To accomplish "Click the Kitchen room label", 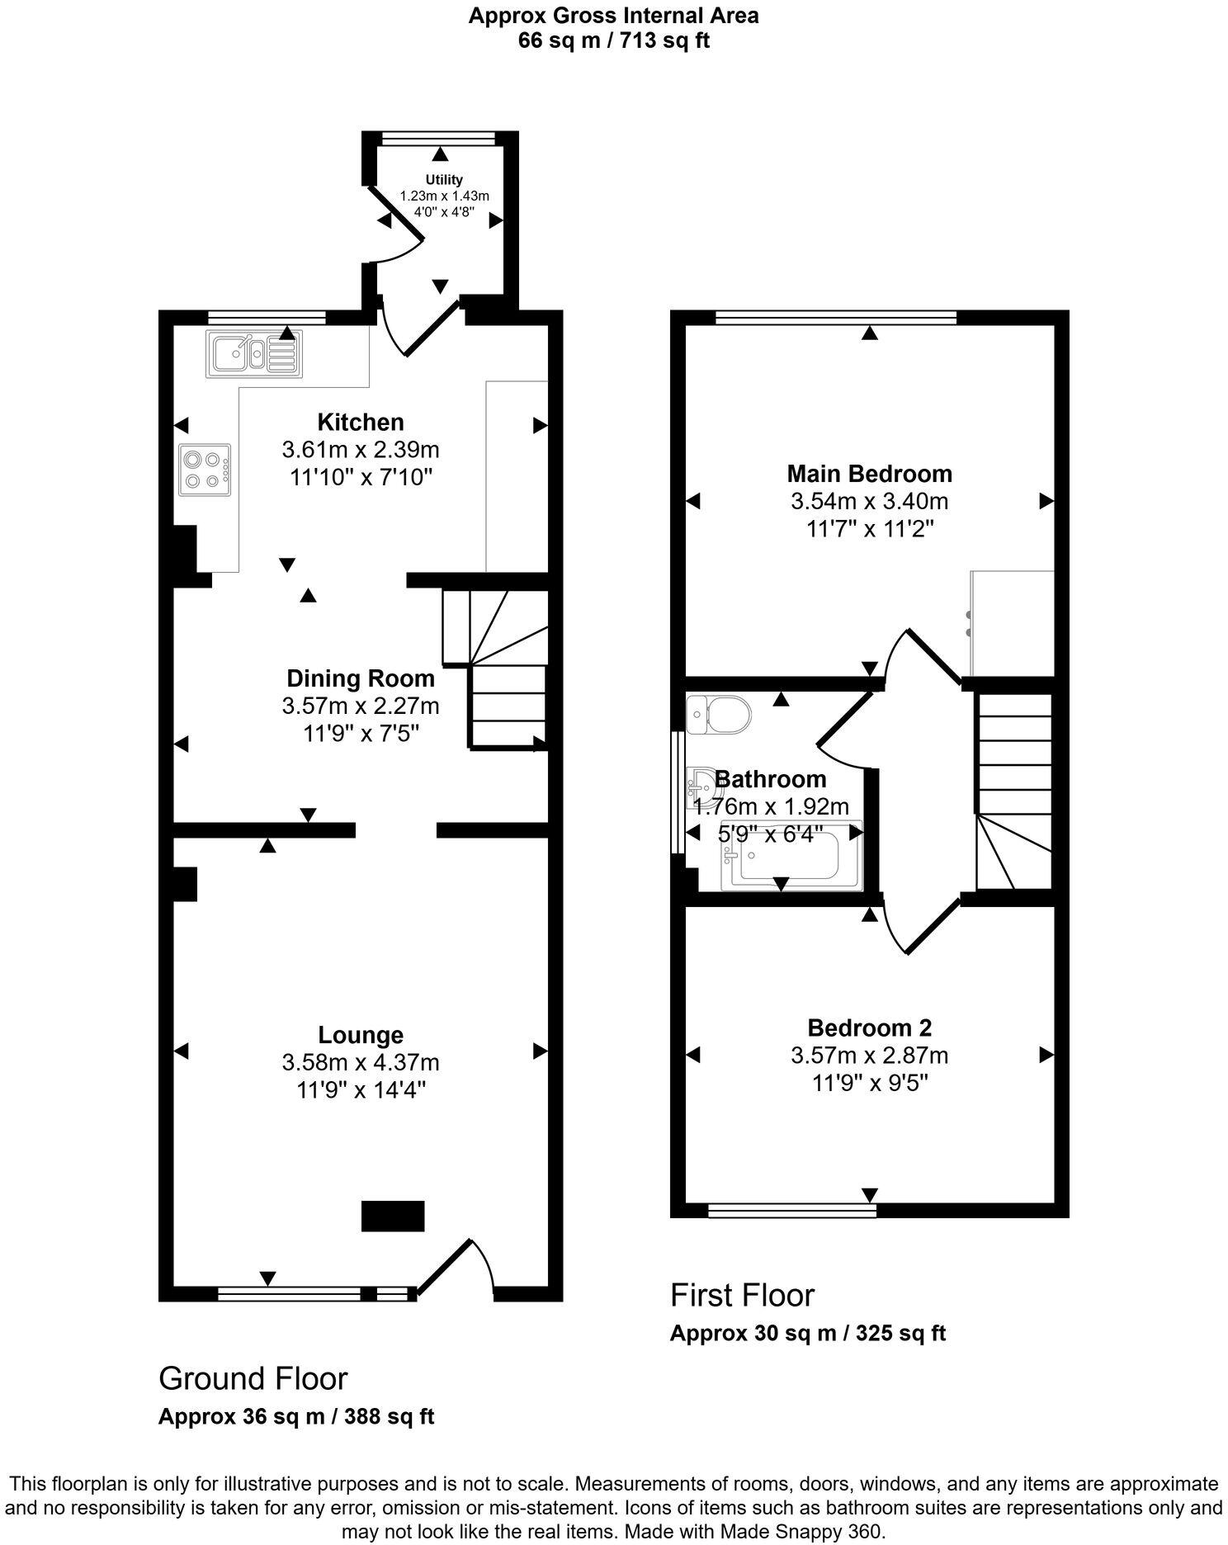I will (x=361, y=422).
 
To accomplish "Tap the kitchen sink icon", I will (x=254, y=353).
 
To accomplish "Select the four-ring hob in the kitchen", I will (x=204, y=470).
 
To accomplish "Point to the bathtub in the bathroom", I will (x=790, y=855).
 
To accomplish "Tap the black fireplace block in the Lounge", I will (x=393, y=1216).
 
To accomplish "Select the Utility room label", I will (x=444, y=179).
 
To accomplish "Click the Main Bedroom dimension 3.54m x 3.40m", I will (x=869, y=501).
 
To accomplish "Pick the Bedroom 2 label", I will (x=869, y=1028).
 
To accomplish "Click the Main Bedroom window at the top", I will (x=836, y=316).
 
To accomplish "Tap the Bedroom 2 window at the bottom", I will (x=792, y=1210).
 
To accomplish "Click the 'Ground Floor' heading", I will (x=253, y=1378).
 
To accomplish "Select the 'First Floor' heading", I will (x=742, y=1295).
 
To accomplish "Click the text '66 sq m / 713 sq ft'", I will (x=613, y=40).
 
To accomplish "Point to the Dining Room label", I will (x=360, y=678).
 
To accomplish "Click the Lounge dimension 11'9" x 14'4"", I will (x=361, y=1089).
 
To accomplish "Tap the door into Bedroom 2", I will (x=933, y=926).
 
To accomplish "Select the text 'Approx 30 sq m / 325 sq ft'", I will (x=807, y=1333).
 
